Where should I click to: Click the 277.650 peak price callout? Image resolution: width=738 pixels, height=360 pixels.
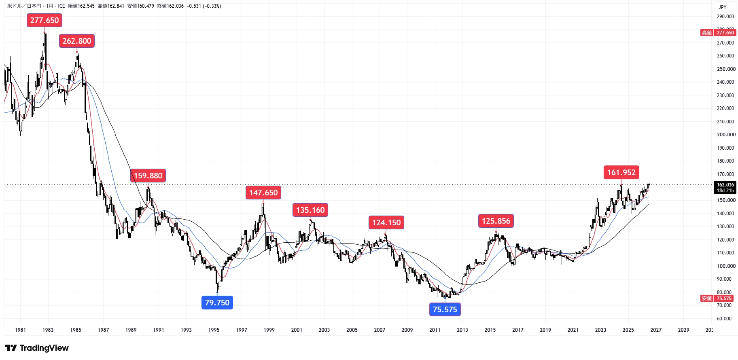pyautogui.click(x=45, y=20)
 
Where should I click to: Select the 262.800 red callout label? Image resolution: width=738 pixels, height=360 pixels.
pyautogui.click(x=77, y=41)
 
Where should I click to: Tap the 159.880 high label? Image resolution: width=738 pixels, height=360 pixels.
pyautogui.click(x=148, y=176)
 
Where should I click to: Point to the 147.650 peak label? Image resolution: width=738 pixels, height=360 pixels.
pyautogui.click(x=263, y=193)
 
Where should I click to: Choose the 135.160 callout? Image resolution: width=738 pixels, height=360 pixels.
pyautogui.click(x=310, y=210)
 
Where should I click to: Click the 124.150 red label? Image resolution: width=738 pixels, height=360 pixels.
pyautogui.click(x=386, y=222)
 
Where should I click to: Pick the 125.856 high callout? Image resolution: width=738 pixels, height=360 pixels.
pyautogui.click(x=496, y=221)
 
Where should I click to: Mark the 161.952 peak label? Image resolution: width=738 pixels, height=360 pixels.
pyautogui.click(x=621, y=172)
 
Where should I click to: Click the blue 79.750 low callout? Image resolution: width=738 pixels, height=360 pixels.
pyautogui.click(x=217, y=303)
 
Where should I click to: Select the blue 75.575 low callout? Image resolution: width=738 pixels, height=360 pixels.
pyautogui.click(x=445, y=309)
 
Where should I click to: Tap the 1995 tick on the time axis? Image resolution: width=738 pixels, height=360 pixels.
pyautogui.click(x=214, y=330)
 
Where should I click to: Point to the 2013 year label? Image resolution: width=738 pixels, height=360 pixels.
pyautogui.click(x=462, y=330)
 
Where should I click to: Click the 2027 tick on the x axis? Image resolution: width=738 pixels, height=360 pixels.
pyautogui.click(x=656, y=330)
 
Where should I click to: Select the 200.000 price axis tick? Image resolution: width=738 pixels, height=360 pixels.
pyautogui.click(x=726, y=135)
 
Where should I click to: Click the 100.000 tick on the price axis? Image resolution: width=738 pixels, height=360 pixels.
pyautogui.click(x=726, y=266)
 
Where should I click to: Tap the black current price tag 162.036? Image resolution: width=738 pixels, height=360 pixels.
pyautogui.click(x=725, y=187)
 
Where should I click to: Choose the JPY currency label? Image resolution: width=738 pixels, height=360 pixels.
pyautogui.click(x=723, y=7)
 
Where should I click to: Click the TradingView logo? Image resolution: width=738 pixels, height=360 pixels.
pyautogui.click(x=37, y=348)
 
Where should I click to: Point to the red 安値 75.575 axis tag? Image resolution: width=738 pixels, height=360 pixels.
pyautogui.click(x=717, y=299)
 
